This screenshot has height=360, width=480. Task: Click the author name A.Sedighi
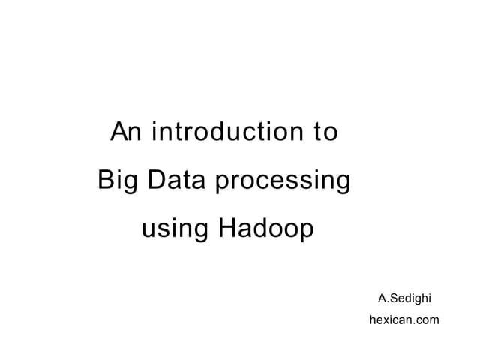404,298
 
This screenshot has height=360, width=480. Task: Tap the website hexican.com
404,319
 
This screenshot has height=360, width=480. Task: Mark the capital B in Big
106,181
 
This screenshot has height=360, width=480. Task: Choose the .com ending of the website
425,320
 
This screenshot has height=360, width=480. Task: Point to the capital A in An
119,133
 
